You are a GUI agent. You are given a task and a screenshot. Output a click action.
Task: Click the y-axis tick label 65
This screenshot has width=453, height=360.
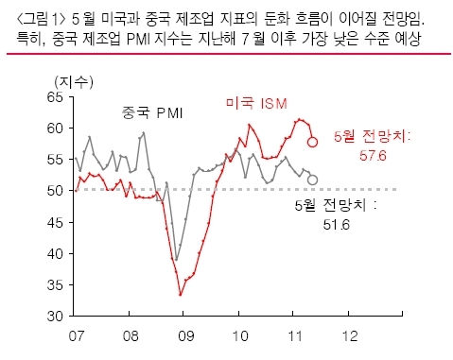click(56, 97)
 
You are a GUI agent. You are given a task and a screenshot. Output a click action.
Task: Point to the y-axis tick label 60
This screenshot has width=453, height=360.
click(56, 129)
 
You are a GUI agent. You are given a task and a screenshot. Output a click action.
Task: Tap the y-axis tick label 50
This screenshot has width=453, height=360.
click(56, 191)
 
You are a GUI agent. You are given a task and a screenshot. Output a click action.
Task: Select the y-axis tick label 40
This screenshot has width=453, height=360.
click(56, 253)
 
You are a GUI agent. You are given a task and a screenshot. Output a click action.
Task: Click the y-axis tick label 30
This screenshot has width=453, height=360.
click(56, 317)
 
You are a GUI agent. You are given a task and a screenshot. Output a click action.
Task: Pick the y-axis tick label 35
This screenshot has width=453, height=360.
click(56, 285)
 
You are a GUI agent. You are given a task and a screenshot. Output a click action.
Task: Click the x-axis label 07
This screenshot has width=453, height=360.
click(77, 336)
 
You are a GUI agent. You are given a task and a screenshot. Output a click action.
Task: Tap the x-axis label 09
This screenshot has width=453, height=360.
click(185, 336)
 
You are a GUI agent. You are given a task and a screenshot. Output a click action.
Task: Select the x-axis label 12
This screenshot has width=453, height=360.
click(350, 336)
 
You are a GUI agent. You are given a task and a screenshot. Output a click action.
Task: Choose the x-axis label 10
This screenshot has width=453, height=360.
click(240, 336)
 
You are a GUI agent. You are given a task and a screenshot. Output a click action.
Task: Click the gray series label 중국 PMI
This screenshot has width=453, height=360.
click(152, 112)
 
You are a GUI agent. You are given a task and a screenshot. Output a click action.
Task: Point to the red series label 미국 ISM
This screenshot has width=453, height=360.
click(256, 103)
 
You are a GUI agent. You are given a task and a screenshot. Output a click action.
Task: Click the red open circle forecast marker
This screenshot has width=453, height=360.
click(312, 142)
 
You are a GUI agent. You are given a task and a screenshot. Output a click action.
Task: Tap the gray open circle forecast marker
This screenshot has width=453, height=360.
click(312, 180)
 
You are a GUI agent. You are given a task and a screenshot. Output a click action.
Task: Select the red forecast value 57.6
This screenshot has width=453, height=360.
click(373, 156)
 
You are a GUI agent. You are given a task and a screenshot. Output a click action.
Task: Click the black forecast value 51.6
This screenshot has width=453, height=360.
click(337, 225)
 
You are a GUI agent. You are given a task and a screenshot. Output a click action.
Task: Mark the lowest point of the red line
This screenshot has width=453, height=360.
click(181, 295)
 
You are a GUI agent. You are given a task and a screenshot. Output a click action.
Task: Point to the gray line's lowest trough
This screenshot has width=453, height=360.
click(176, 260)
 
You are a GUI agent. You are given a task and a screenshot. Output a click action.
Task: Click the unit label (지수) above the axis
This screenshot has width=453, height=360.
click(74, 82)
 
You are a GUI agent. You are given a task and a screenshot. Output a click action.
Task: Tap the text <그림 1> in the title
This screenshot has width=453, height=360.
click(41, 20)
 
